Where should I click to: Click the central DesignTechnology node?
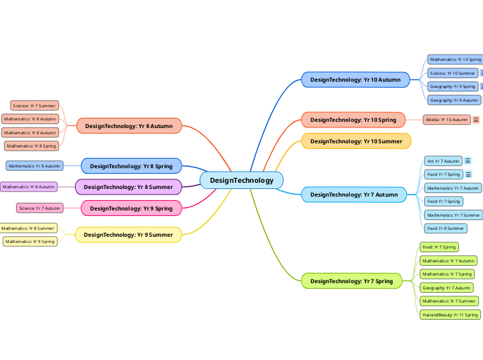coord(241,181)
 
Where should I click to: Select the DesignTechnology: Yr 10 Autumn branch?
coord(355,80)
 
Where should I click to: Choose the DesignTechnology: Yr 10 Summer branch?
coord(355,141)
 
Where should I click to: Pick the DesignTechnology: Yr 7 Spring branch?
coord(351,281)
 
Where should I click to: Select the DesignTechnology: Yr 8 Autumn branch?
coord(129,126)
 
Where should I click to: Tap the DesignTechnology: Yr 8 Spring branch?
coord(131,166)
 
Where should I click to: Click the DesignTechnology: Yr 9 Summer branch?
coord(128,235)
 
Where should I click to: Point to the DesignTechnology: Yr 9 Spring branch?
coord(131,208)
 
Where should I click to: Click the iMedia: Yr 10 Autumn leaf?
coord(447,120)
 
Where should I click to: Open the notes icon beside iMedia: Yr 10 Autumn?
coord(476,120)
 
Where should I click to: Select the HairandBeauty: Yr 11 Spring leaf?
coord(450,314)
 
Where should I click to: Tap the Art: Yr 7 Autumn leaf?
coord(443,161)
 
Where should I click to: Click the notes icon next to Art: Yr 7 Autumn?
coord(468,161)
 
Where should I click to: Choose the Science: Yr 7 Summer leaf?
coord(34,106)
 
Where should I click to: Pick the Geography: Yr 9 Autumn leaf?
coord(454,100)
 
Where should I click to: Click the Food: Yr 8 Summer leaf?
coord(445,228)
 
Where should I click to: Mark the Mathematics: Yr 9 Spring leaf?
coord(30,242)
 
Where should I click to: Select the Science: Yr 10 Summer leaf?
coord(452,73)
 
